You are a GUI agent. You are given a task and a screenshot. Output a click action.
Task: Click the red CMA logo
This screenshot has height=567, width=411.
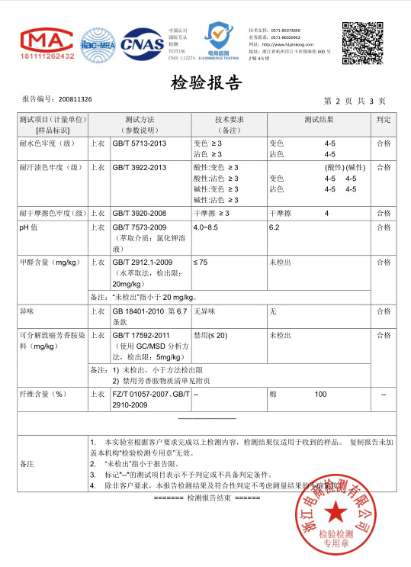47,43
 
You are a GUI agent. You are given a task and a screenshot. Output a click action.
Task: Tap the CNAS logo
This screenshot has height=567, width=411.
143,43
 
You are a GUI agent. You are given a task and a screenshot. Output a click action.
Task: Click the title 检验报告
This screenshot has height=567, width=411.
205,82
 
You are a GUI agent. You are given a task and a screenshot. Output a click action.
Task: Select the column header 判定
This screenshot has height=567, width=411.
384,120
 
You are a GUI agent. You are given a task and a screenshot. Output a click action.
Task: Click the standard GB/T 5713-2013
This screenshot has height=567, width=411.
139,143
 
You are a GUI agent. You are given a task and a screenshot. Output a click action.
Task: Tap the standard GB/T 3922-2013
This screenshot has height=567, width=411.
139,167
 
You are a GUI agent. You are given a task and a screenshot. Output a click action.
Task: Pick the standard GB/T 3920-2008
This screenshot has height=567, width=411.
139,212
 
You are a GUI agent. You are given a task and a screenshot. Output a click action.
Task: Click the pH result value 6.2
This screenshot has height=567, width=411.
275,227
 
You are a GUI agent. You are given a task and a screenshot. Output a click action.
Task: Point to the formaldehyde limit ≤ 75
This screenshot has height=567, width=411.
201,262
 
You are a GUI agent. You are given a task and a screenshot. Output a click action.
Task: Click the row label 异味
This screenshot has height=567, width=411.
27,311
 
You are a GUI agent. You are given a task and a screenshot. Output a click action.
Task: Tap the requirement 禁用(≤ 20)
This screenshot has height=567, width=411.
211,335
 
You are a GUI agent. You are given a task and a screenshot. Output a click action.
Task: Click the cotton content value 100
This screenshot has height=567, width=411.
320,394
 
